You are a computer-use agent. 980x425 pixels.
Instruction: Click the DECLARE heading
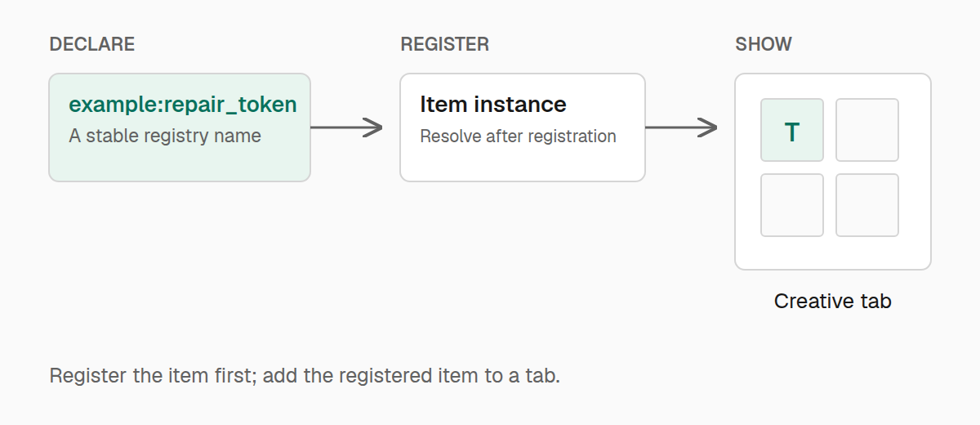tap(91, 44)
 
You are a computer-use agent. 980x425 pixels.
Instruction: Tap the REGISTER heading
tap(444, 44)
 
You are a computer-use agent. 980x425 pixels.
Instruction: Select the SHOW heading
tap(764, 44)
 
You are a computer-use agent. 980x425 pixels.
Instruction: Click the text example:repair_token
tap(183, 105)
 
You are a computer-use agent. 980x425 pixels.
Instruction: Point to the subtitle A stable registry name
tap(165, 136)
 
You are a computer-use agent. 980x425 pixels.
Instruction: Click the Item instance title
tap(493, 104)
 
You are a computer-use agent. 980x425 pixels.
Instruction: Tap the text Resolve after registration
tap(518, 136)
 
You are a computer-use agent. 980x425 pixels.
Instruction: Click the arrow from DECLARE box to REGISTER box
tap(346, 127)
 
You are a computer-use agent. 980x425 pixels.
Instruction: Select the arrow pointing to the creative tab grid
tap(681, 127)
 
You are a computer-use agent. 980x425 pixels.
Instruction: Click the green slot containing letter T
tap(792, 130)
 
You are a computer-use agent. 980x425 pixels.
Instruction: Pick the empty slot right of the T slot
tap(867, 130)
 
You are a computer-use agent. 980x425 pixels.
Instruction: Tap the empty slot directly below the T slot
tap(792, 205)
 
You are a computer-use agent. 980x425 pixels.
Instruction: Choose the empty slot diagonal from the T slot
tap(867, 205)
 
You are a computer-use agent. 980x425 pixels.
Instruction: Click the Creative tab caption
tap(832, 301)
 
